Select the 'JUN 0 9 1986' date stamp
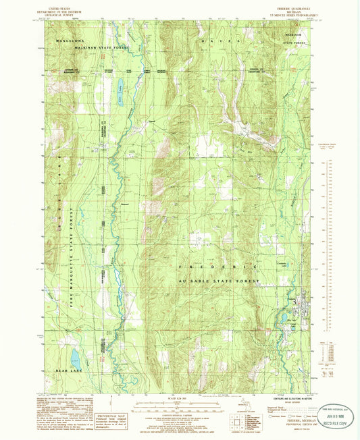[322, 416]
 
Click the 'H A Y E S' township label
[215, 41]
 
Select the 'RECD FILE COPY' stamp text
[327, 426]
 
